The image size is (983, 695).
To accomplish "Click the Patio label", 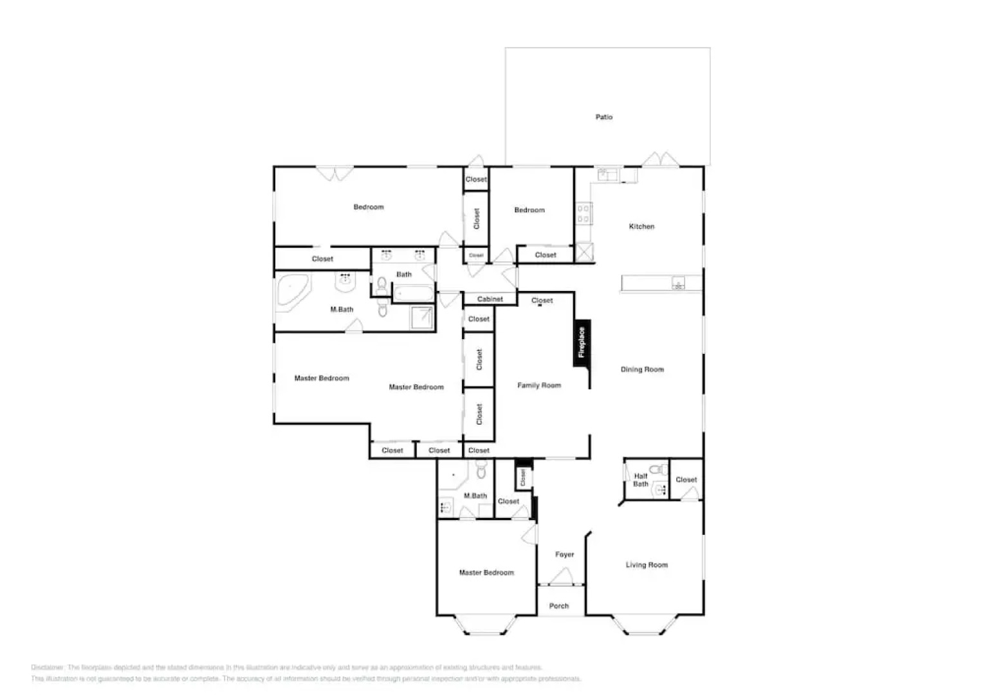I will [603, 117].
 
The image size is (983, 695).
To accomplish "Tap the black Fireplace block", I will [582, 343].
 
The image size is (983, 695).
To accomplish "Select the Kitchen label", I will [641, 227].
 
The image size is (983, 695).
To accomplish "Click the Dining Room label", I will [642, 369].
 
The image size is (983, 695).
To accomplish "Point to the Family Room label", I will [539, 385].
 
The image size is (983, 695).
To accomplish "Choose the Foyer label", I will [564, 554].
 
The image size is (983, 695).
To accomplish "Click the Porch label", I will [559, 606].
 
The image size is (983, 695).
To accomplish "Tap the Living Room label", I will [647, 565].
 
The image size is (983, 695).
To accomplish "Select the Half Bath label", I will [641, 480].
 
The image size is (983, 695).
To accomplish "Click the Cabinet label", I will [490, 299].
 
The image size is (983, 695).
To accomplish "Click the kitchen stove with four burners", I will [583, 214].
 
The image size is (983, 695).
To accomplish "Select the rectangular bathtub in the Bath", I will [414, 294].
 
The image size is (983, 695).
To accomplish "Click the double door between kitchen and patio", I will [659, 160].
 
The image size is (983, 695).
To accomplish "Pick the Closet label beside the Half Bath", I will [686, 479].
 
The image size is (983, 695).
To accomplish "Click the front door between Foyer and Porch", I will [561, 579].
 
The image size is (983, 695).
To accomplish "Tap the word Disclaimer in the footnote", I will [47, 667].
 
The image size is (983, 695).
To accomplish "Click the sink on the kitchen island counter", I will [678, 283].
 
